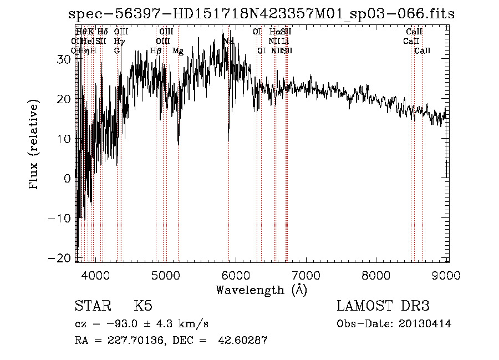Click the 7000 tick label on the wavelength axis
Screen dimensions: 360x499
(x=306, y=275)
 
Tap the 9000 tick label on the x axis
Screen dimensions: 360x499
(x=447, y=275)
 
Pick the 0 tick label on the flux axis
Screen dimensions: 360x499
(x=68, y=179)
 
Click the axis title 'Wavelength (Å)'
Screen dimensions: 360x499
(x=261, y=290)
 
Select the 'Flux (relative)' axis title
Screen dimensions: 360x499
(x=35, y=145)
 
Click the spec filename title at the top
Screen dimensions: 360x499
(x=261, y=14)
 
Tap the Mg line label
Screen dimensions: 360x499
(x=178, y=51)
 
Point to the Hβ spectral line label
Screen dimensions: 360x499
(x=156, y=51)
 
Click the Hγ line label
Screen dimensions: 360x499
(x=119, y=42)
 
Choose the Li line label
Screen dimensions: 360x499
(x=284, y=42)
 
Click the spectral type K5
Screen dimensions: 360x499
(x=142, y=306)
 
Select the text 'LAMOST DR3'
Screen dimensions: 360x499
(x=383, y=306)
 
